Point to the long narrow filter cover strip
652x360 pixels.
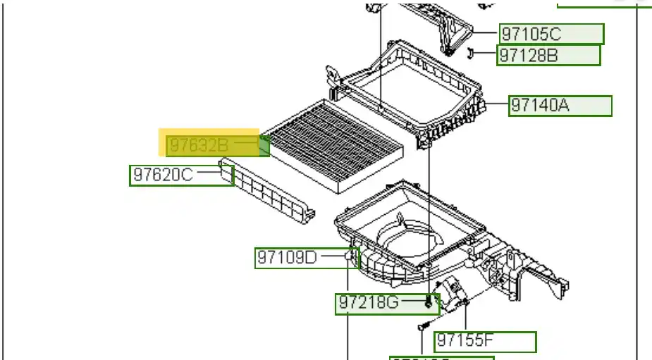(268, 190)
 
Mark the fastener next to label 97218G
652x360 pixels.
(429, 303)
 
